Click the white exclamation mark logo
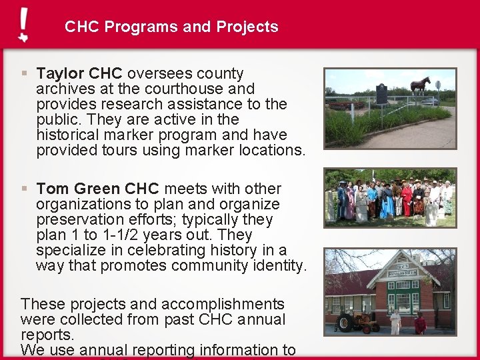pos(23,25)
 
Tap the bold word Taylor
pos(60,73)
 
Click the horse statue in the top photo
pos(420,85)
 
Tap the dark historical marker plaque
pos(382,93)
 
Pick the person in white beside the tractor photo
pos(395,323)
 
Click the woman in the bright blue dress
pos(387,203)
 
